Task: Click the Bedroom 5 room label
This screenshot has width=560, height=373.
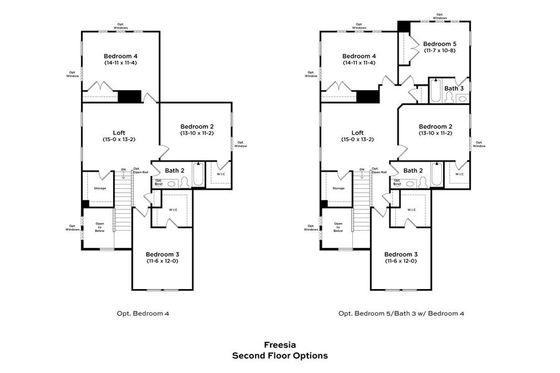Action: coord(440,44)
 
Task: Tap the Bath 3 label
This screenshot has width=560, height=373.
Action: coord(454,88)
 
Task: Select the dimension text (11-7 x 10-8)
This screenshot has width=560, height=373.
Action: coord(440,51)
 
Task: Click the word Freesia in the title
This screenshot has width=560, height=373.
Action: coord(279,344)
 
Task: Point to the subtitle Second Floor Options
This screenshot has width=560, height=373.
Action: coord(279,356)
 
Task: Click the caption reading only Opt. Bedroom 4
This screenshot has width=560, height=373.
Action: coord(143,313)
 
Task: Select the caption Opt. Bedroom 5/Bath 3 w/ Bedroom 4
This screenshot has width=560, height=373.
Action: coord(401,313)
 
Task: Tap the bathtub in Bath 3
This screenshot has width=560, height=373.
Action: coord(436,92)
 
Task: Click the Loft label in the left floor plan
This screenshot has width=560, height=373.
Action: coord(119,132)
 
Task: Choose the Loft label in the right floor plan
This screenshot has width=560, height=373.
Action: coord(357,132)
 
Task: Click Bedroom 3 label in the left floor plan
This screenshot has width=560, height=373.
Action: coord(162,254)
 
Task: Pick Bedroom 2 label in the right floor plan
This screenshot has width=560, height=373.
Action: coord(436,126)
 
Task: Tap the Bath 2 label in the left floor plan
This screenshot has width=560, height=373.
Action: coord(174,170)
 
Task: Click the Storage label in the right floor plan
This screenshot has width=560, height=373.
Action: coord(338,188)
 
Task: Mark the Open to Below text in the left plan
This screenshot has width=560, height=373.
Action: coord(100,226)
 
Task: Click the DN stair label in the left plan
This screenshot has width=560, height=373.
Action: coord(123,169)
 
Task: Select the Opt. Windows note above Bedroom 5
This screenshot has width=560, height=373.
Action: coord(440,16)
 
